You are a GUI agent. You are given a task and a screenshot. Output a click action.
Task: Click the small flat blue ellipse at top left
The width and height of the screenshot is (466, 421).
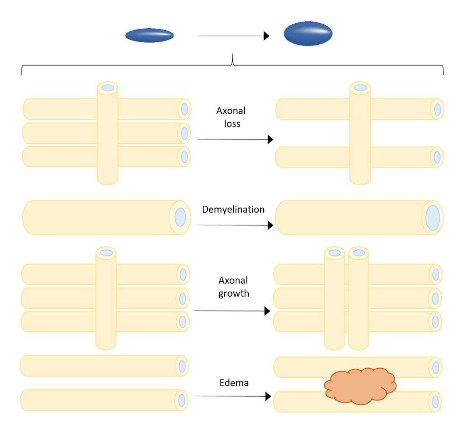coord(149,35)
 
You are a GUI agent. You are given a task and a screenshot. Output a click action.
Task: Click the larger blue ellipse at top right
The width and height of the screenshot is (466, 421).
coord(308,34)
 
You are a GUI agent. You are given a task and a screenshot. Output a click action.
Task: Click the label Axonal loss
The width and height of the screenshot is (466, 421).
coord(231,117)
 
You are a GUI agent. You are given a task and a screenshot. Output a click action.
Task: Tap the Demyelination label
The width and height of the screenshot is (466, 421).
coord(233,210)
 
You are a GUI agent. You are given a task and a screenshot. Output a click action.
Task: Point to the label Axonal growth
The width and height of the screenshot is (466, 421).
coord(233,287)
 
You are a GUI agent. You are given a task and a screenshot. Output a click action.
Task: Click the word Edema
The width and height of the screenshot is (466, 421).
coord(234,383)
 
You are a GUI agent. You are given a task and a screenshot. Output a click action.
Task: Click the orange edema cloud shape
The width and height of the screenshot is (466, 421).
coord(360,386)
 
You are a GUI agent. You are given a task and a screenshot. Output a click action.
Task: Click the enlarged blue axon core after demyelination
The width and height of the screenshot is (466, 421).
coord(433,218)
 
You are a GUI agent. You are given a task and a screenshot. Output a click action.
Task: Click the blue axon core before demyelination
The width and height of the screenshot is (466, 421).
coord(180,217)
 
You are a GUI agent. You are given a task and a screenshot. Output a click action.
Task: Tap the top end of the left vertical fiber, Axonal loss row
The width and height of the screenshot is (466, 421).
coord(107,88)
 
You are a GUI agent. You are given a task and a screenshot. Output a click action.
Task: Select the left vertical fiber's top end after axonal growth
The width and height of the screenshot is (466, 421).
coord(335,253)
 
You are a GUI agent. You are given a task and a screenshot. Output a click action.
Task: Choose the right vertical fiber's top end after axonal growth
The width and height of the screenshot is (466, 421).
coord(359,253)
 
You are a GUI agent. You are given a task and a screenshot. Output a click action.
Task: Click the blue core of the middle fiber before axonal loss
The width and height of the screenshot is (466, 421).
coord(184,133)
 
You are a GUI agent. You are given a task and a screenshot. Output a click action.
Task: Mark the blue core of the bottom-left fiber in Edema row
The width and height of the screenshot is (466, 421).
coord(181,400)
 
